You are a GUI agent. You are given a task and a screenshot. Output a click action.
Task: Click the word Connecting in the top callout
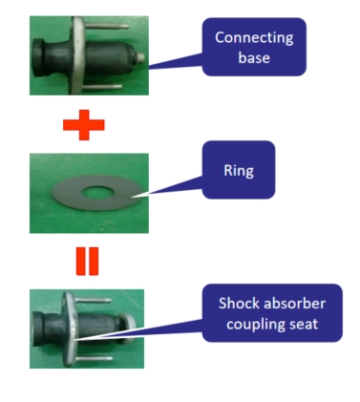(x=254, y=38)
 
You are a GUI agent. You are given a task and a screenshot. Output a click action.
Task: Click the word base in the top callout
(x=254, y=57)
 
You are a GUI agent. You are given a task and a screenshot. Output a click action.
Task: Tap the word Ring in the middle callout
(x=239, y=170)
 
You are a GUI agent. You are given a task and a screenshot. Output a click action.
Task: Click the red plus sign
(x=84, y=125)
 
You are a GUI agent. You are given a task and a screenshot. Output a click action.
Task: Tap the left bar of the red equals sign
(x=80, y=261)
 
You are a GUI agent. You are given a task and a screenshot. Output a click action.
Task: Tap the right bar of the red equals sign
(x=95, y=261)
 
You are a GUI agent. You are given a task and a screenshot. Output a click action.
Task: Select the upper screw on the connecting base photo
(x=107, y=25)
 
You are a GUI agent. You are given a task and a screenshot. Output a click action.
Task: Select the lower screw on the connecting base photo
(x=102, y=86)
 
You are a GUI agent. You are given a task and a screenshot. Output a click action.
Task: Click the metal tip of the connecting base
(x=140, y=57)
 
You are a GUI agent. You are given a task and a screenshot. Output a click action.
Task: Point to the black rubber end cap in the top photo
(x=41, y=57)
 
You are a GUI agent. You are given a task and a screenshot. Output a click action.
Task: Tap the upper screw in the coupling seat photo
(x=93, y=300)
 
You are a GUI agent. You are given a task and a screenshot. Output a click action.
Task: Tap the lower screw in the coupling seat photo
(x=95, y=358)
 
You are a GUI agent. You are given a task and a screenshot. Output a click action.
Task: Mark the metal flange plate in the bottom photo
(x=70, y=329)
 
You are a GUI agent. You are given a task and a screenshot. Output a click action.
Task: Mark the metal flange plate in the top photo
(x=77, y=55)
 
